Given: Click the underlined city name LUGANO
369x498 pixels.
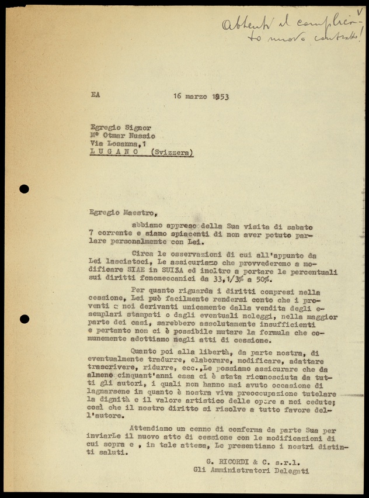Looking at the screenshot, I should [x=114, y=151].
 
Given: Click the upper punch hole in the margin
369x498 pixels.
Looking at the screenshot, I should [x=24, y=189].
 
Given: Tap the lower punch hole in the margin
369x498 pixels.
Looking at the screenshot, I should [x=24, y=319].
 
